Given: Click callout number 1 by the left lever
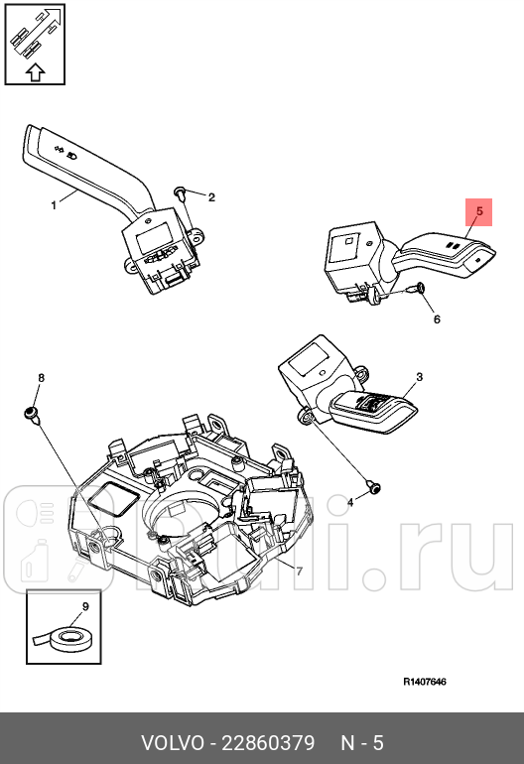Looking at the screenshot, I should tap(54, 205).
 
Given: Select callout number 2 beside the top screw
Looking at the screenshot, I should tap(211, 196).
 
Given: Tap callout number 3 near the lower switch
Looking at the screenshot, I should tap(419, 377).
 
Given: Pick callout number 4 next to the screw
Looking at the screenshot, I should tap(348, 503).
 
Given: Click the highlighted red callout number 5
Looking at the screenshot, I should tap(478, 211).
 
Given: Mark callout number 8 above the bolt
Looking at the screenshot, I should tap(41, 378).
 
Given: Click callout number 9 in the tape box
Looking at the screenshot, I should tap(84, 605).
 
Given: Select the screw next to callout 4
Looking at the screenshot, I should tap(374, 486).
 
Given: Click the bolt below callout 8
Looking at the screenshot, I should tap(32, 413).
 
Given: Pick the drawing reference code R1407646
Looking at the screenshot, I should tap(425, 682).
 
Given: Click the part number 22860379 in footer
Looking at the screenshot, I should tap(269, 743).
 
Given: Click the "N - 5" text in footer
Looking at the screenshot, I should tap(362, 743).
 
